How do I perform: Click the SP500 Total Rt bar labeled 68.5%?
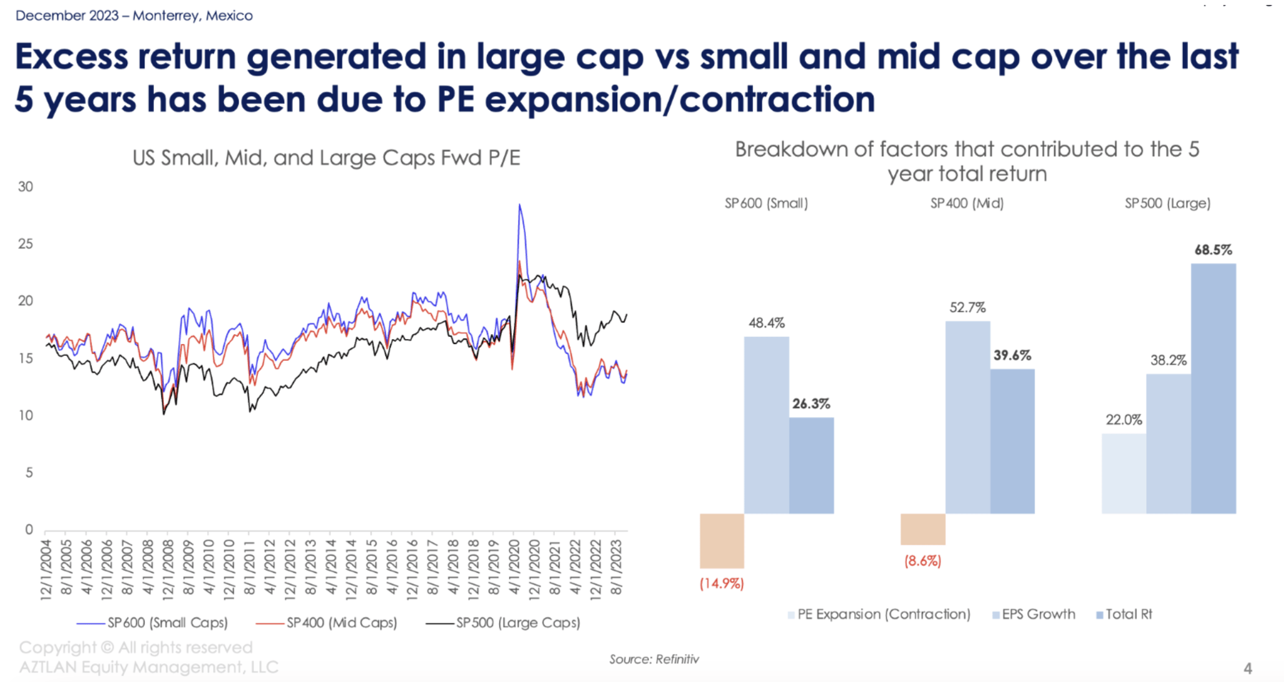coord(1213,388)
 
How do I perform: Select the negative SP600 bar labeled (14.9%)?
coord(722,540)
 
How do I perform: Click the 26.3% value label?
coord(811,404)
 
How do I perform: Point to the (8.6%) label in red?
coord(922,560)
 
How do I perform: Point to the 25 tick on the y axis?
coord(26,244)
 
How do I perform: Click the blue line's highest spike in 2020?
coord(519,205)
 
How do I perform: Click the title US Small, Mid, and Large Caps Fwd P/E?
coord(326,158)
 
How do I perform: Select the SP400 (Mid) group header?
coord(967,203)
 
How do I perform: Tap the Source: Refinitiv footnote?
coord(654,659)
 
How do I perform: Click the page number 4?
coord(1247,668)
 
